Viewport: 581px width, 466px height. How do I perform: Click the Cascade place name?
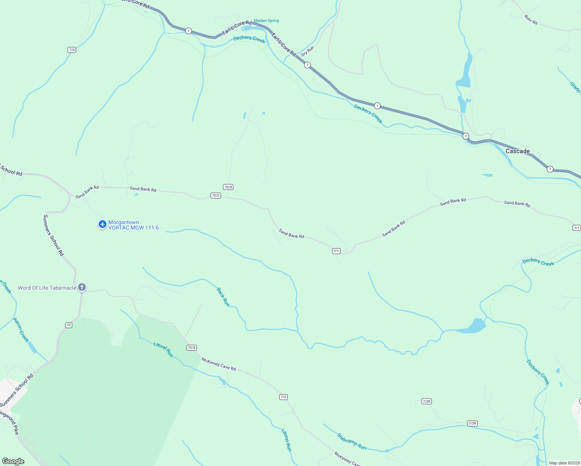pos(517,151)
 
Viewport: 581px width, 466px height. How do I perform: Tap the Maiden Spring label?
pos(266,21)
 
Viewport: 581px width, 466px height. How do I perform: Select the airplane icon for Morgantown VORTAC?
pos(103,224)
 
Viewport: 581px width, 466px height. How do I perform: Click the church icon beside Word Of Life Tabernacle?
pos(82,287)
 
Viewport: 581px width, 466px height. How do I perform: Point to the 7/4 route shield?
pos(72,50)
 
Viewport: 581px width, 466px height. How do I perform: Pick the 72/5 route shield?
pos(228,187)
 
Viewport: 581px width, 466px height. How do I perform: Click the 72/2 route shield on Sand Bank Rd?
pos(216,195)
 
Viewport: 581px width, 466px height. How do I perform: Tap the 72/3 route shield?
pos(191,348)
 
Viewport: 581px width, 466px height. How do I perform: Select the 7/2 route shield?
pos(284,397)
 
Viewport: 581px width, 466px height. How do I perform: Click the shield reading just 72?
pos(69,325)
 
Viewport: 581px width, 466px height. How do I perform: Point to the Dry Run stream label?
pos(307,51)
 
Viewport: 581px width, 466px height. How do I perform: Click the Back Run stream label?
pos(223,297)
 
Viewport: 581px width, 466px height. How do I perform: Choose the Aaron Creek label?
pos(21,330)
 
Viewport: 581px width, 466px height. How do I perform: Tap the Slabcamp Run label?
pos(351,442)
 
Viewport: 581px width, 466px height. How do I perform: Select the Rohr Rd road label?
pos(531,20)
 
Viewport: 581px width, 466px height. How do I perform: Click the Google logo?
pos(13,461)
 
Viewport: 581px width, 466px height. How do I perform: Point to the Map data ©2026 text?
pos(564,463)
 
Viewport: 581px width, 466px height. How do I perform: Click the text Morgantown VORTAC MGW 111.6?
pos(133,225)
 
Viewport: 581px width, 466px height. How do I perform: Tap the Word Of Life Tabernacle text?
pos(47,288)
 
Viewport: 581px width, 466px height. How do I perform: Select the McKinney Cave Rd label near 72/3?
pos(219,364)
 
